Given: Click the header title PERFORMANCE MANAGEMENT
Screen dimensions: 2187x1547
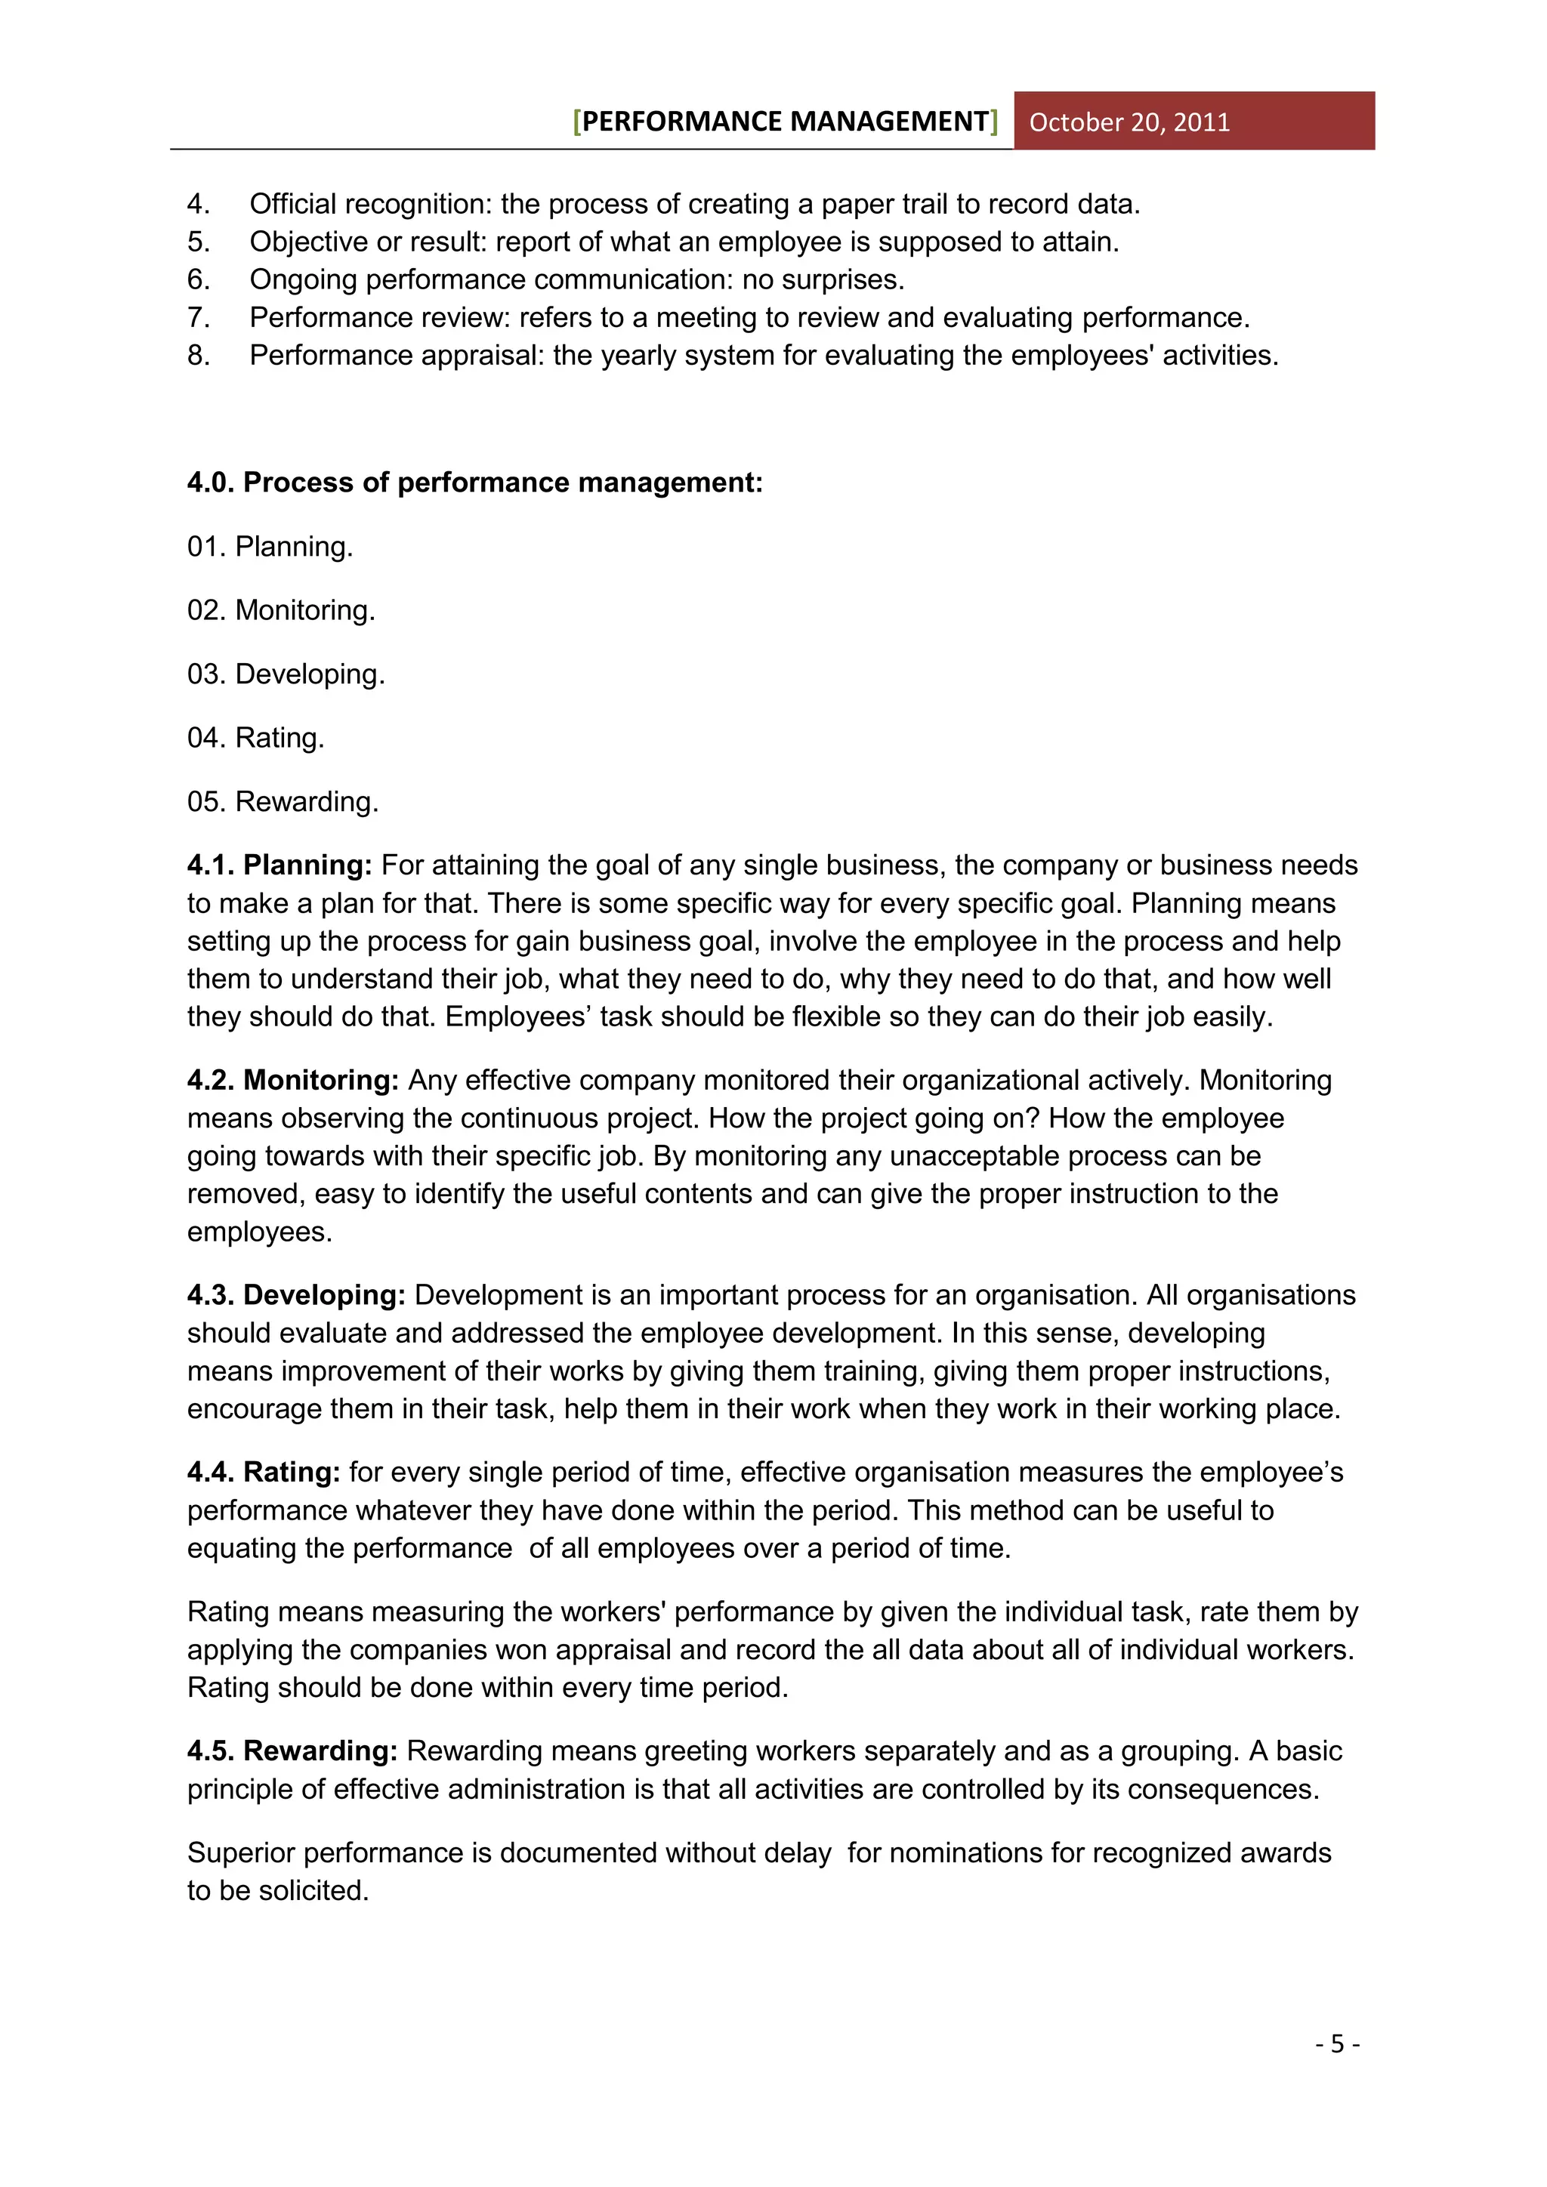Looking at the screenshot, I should (x=785, y=121).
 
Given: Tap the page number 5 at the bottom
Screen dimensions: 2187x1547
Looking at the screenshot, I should (x=1338, y=2044).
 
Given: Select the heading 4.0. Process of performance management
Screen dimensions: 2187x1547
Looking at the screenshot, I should (x=474, y=482).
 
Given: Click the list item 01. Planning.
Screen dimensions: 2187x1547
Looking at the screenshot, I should (x=270, y=547).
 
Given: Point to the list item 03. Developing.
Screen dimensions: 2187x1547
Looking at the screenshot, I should (x=286, y=674).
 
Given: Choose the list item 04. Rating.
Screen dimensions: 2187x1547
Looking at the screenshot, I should (x=255, y=737).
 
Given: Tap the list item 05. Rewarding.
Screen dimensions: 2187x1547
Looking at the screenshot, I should (x=283, y=801).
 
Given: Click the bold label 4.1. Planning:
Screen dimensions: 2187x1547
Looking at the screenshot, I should (x=279, y=865).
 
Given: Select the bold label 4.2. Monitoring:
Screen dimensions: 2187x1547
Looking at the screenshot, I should (x=292, y=1080).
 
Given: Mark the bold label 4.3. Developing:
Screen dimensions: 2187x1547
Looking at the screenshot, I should (x=296, y=1295).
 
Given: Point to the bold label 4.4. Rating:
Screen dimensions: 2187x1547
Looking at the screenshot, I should (x=263, y=1473).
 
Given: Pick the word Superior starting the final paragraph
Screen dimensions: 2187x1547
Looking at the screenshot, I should (x=241, y=1852).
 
